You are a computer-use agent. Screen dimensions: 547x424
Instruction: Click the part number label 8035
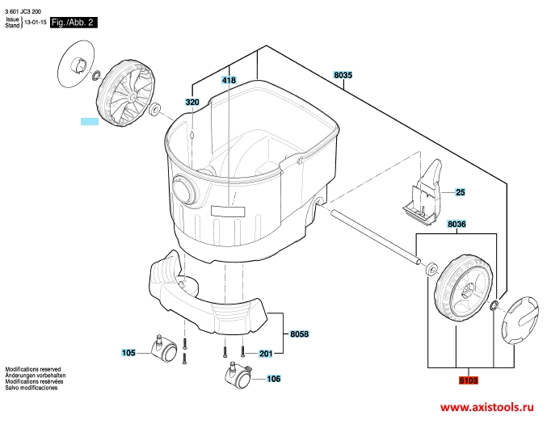click(x=343, y=75)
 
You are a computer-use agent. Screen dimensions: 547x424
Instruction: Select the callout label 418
click(x=229, y=80)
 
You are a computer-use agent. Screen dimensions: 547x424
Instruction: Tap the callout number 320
click(x=192, y=103)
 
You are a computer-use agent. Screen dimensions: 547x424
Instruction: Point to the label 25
click(x=461, y=192)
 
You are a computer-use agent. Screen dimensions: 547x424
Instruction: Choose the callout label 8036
click(x=457, y=224)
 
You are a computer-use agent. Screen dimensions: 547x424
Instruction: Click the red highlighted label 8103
click(x=468, y=380)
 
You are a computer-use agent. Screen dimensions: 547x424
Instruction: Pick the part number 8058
click(x=299, y=334)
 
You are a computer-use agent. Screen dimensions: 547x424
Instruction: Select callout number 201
click(x=266, y=354)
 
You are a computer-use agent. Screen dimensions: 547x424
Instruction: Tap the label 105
click(x=128, y=353)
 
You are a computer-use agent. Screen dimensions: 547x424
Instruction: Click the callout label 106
click(x=273, y=379)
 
